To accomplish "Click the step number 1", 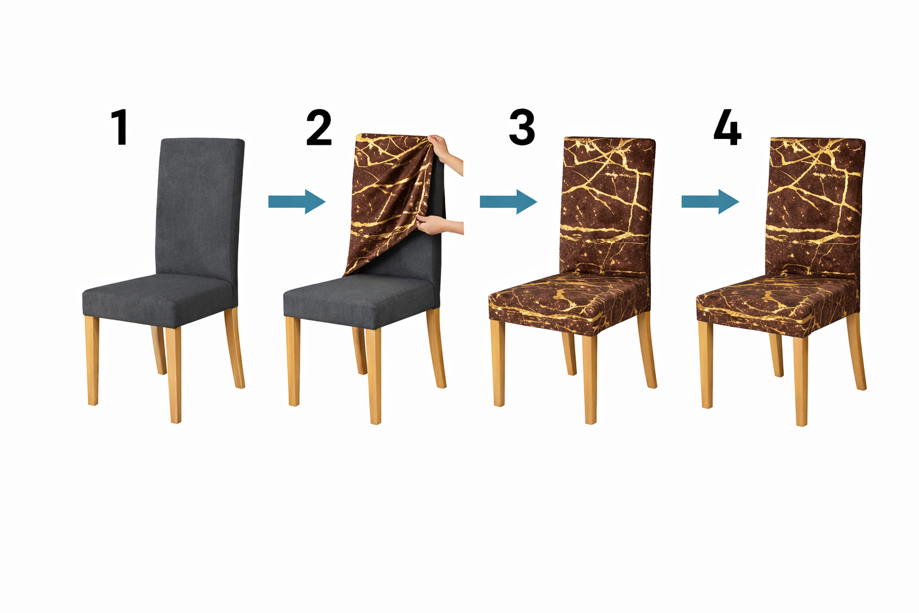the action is tap(120, 127).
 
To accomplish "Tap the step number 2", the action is tap(319, 127).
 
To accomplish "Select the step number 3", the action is tap(522, 127).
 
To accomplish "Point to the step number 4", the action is tap(728, 127).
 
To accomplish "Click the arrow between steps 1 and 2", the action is tap(297, 202).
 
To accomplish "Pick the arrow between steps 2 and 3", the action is tap(509, 202).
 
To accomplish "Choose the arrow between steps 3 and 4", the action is tap(711, 202).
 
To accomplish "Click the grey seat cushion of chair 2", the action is tap(360, 300).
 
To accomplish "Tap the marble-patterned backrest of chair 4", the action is tap(814, 207).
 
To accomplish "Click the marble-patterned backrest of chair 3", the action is tap(607, 207).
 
